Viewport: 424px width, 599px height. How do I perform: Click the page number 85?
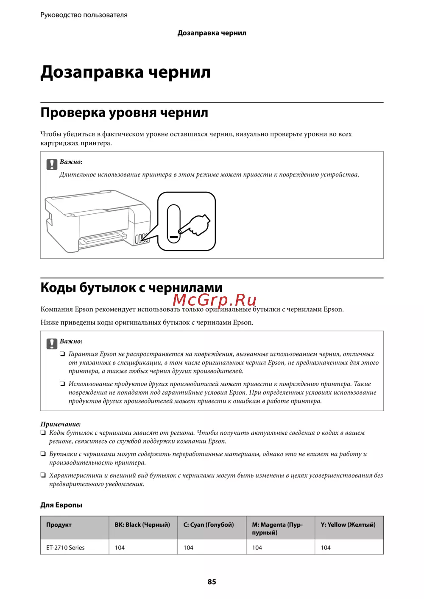click(212, 582)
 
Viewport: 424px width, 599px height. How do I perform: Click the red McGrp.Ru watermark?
click(215, 300)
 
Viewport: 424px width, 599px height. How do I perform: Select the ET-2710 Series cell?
click(65, 547)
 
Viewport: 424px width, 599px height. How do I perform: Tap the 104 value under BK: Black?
click(120, 547)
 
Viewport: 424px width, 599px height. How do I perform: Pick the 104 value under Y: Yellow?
click(326, 547)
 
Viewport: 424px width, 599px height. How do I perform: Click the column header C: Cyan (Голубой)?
click(209, 525)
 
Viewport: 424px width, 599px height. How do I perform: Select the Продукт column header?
click(59, 525)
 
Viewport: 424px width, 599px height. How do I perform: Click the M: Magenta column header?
click(277, 528)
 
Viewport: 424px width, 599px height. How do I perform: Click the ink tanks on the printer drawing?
click(142, 239)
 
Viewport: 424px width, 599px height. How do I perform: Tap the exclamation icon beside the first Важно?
click(52, 164)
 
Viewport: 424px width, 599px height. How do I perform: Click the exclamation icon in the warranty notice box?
click(52, 344)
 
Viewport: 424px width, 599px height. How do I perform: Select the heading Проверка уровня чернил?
click(124, 113)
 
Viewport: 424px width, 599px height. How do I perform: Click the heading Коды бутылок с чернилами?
click(131, 288)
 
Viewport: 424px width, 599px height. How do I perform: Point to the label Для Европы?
click(61, 505)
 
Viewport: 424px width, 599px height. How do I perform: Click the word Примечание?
click(60, 424)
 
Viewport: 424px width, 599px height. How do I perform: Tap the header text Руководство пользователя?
click(84, 15)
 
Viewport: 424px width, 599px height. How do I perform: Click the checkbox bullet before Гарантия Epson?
click(62, 354)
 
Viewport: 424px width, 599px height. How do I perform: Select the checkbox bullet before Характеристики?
click(43, 475)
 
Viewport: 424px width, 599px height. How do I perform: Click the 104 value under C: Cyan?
click(188, 547)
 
